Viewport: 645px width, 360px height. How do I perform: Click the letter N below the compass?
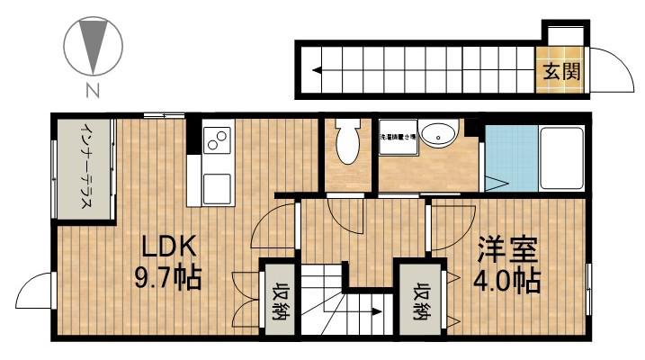(92, 89)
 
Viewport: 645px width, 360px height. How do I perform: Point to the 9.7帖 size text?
(169, 276)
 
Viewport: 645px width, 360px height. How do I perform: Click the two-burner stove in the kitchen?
(217, 140)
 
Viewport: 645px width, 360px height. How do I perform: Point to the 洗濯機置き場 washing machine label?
(398, 136)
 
